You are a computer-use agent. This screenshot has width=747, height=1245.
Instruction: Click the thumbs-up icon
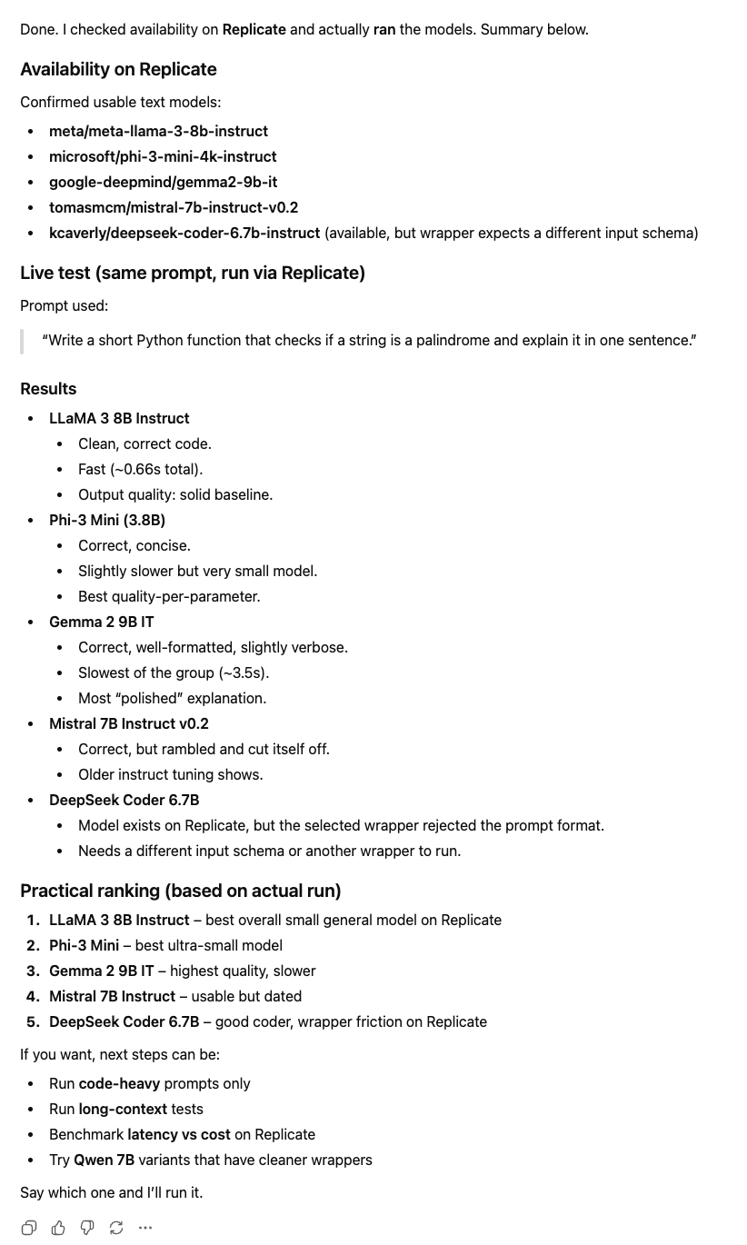click(58, 1228)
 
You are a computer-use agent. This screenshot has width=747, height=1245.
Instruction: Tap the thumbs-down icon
click(87, 1228)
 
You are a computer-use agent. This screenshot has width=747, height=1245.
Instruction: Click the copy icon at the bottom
click(29, 1228)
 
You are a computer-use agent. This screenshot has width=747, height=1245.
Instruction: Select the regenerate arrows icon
click(116, 1228)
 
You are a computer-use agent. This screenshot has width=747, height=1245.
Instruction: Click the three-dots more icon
click(145, 1228)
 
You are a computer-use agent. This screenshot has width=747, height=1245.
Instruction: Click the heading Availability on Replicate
click(118, 70)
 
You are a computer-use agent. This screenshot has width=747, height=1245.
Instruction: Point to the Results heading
click(48, 389)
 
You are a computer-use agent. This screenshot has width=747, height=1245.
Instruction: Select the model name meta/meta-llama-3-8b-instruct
click(158, 132)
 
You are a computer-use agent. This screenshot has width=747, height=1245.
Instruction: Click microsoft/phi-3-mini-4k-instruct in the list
click(163, 157)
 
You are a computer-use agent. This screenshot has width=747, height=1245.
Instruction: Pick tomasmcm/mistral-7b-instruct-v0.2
click(174, 208)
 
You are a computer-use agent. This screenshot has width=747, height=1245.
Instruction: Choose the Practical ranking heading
click(180, 891)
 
